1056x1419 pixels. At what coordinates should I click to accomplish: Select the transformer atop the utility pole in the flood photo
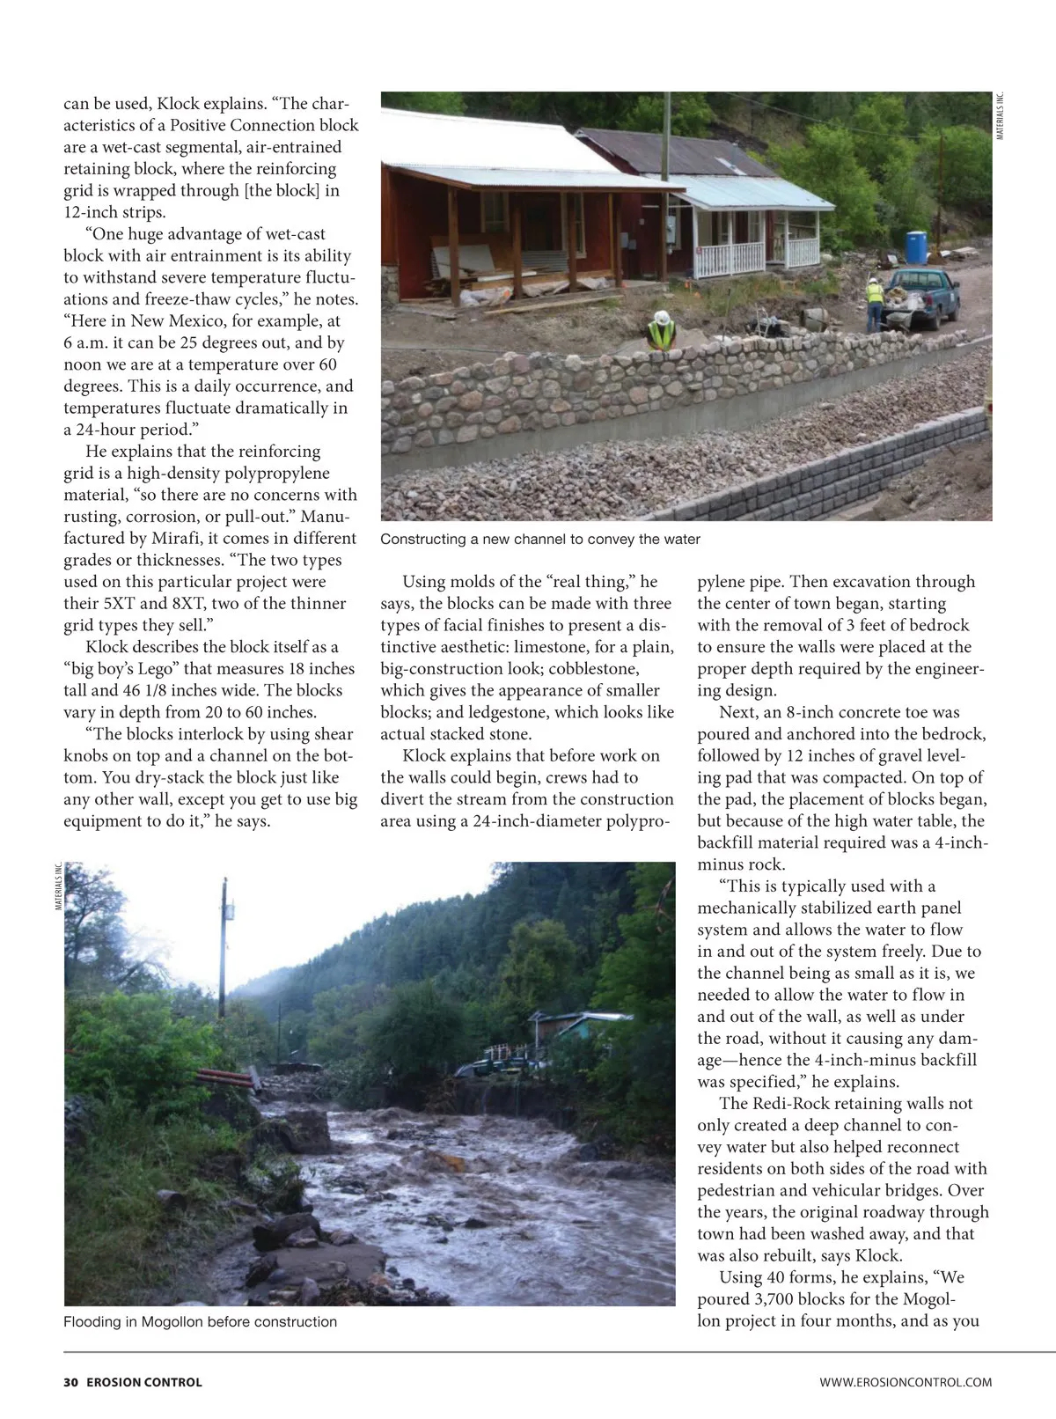228,909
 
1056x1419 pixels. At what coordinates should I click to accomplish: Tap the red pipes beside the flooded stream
224,1079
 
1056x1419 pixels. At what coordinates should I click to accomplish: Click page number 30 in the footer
71,1382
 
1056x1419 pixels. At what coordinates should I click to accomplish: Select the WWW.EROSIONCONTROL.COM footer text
906,1382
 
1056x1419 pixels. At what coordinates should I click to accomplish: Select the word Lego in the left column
162,668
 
